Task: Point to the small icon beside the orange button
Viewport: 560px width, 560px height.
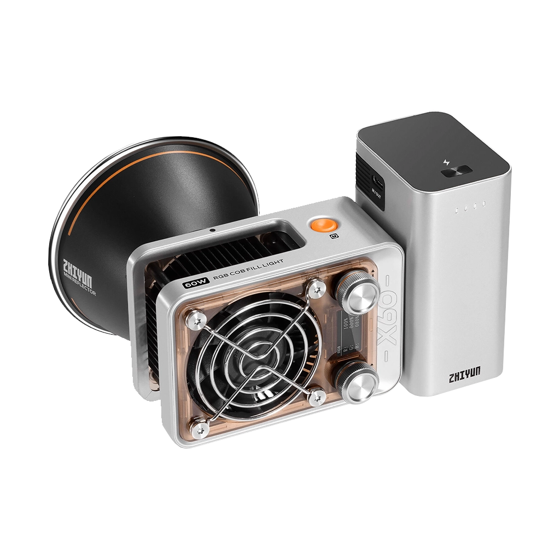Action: click(x=333, y=236)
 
